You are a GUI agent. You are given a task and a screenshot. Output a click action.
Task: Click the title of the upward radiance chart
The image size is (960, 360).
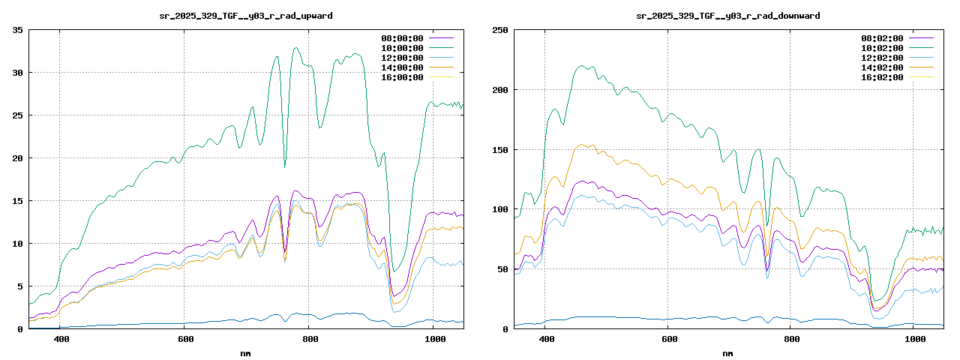(x=246, y=15)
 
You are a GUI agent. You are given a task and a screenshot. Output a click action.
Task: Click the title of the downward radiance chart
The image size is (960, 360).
(x=727, y=15)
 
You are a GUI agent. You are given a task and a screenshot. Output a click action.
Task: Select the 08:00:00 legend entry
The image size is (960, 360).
(x=402, y=38)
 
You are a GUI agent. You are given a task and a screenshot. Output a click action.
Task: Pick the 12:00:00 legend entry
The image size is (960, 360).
(x=402, y=58)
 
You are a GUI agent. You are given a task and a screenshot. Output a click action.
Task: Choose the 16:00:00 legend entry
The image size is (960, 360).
(x=402, y=77)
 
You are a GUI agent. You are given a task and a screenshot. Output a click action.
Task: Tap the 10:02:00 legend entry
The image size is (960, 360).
(x=883, y=48)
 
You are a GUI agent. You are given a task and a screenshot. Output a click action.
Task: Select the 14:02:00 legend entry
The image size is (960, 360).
(x=883, y=67)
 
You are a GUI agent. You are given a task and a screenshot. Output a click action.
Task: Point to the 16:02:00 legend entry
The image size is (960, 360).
(x=883, y=77)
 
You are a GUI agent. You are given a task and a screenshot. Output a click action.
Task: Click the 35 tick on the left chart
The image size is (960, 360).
(x=17, y=30)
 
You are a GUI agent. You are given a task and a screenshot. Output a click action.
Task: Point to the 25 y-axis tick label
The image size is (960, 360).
(x=17, y=115)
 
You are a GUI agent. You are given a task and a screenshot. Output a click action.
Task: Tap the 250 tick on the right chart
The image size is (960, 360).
(x=499, y=30)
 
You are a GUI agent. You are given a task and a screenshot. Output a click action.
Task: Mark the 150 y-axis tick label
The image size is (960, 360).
(x=499, y=150)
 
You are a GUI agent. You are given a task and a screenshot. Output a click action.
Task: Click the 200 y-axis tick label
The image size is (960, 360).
(x=499, y=90)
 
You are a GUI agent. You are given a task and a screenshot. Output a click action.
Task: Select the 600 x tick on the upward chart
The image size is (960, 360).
(x=185, y=339)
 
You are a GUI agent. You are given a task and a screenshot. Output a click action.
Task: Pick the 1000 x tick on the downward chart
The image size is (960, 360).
(x=913, y=339)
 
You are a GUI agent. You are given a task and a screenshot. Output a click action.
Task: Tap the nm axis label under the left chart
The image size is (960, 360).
(x=246, y=352)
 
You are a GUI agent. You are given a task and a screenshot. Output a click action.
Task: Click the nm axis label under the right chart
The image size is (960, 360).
(x=727, y=352)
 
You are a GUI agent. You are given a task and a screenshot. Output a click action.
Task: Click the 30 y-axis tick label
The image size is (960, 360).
(x=17, y=73)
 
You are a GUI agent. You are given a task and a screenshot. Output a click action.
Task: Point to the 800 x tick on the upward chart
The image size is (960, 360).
(x=310, y=339)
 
